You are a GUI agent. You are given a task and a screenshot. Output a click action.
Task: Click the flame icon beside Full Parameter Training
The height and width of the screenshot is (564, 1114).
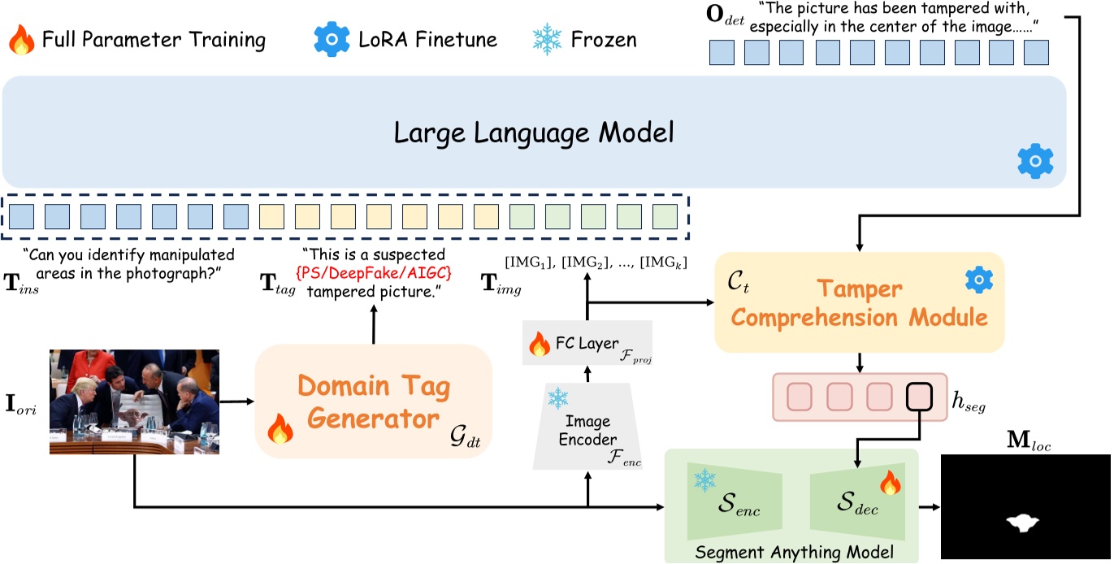coord(20,39)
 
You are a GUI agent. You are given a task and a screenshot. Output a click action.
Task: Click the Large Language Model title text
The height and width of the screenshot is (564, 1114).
coord(534,132)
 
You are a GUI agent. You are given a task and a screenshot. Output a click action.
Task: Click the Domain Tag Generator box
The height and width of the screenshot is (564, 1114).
coord(374,400)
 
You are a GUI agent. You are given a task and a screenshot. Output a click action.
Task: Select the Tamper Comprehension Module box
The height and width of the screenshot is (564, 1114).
coord(859,302)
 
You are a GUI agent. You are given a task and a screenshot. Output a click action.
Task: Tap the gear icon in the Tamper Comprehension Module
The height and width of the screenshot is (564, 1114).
coord(979,280)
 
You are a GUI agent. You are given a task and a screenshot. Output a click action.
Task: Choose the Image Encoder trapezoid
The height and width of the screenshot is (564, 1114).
coord(588,427)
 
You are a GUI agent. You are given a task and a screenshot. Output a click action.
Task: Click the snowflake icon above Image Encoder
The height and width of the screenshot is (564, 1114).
coord(558,398)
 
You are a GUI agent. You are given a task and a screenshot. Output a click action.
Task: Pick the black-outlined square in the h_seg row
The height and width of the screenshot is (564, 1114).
coord(921,397)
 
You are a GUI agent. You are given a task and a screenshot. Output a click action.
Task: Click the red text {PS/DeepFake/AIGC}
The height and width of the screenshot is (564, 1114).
coord(374,272)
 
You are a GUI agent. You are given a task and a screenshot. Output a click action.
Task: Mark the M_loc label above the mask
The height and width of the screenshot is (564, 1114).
coord(1025,443)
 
